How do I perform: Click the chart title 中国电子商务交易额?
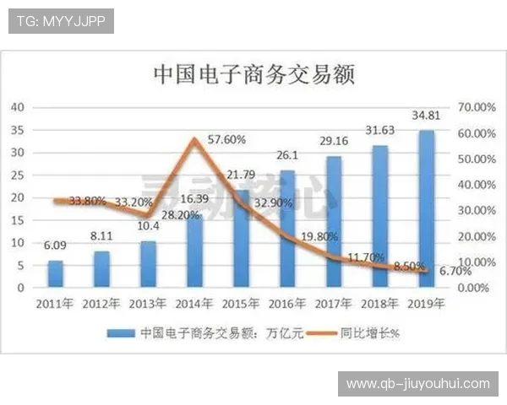[253, 73]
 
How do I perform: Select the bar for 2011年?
[55, 273]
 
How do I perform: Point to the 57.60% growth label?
[225, 139]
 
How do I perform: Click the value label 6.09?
[55, 247]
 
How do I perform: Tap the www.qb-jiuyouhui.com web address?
[417, 384]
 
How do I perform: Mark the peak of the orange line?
[195, 139]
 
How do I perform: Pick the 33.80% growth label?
[87, 201]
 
